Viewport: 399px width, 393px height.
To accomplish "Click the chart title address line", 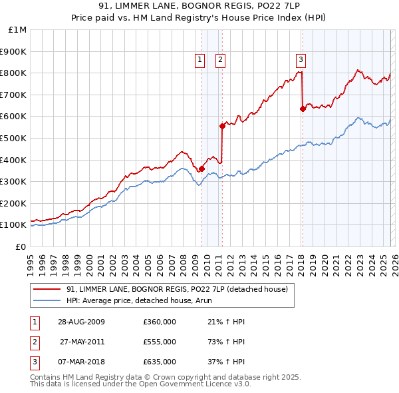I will pyautogui.click(x=199, y=6).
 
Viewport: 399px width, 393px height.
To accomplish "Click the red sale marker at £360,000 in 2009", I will pyautogui.click(x=201, y=169).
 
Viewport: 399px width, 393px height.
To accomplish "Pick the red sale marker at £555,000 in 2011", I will pyautogui.click(x=222, y=126).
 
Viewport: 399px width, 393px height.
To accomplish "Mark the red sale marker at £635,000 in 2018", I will pyautogui.click(x=303, y=109).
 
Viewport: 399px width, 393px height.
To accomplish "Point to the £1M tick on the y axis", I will pyautogui.click(x=18, y=29).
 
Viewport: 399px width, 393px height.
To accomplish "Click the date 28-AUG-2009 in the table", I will pyautogui.click(x=80, y=322).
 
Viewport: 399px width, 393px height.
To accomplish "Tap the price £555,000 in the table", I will pyautogui.click(x=159, y=342).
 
